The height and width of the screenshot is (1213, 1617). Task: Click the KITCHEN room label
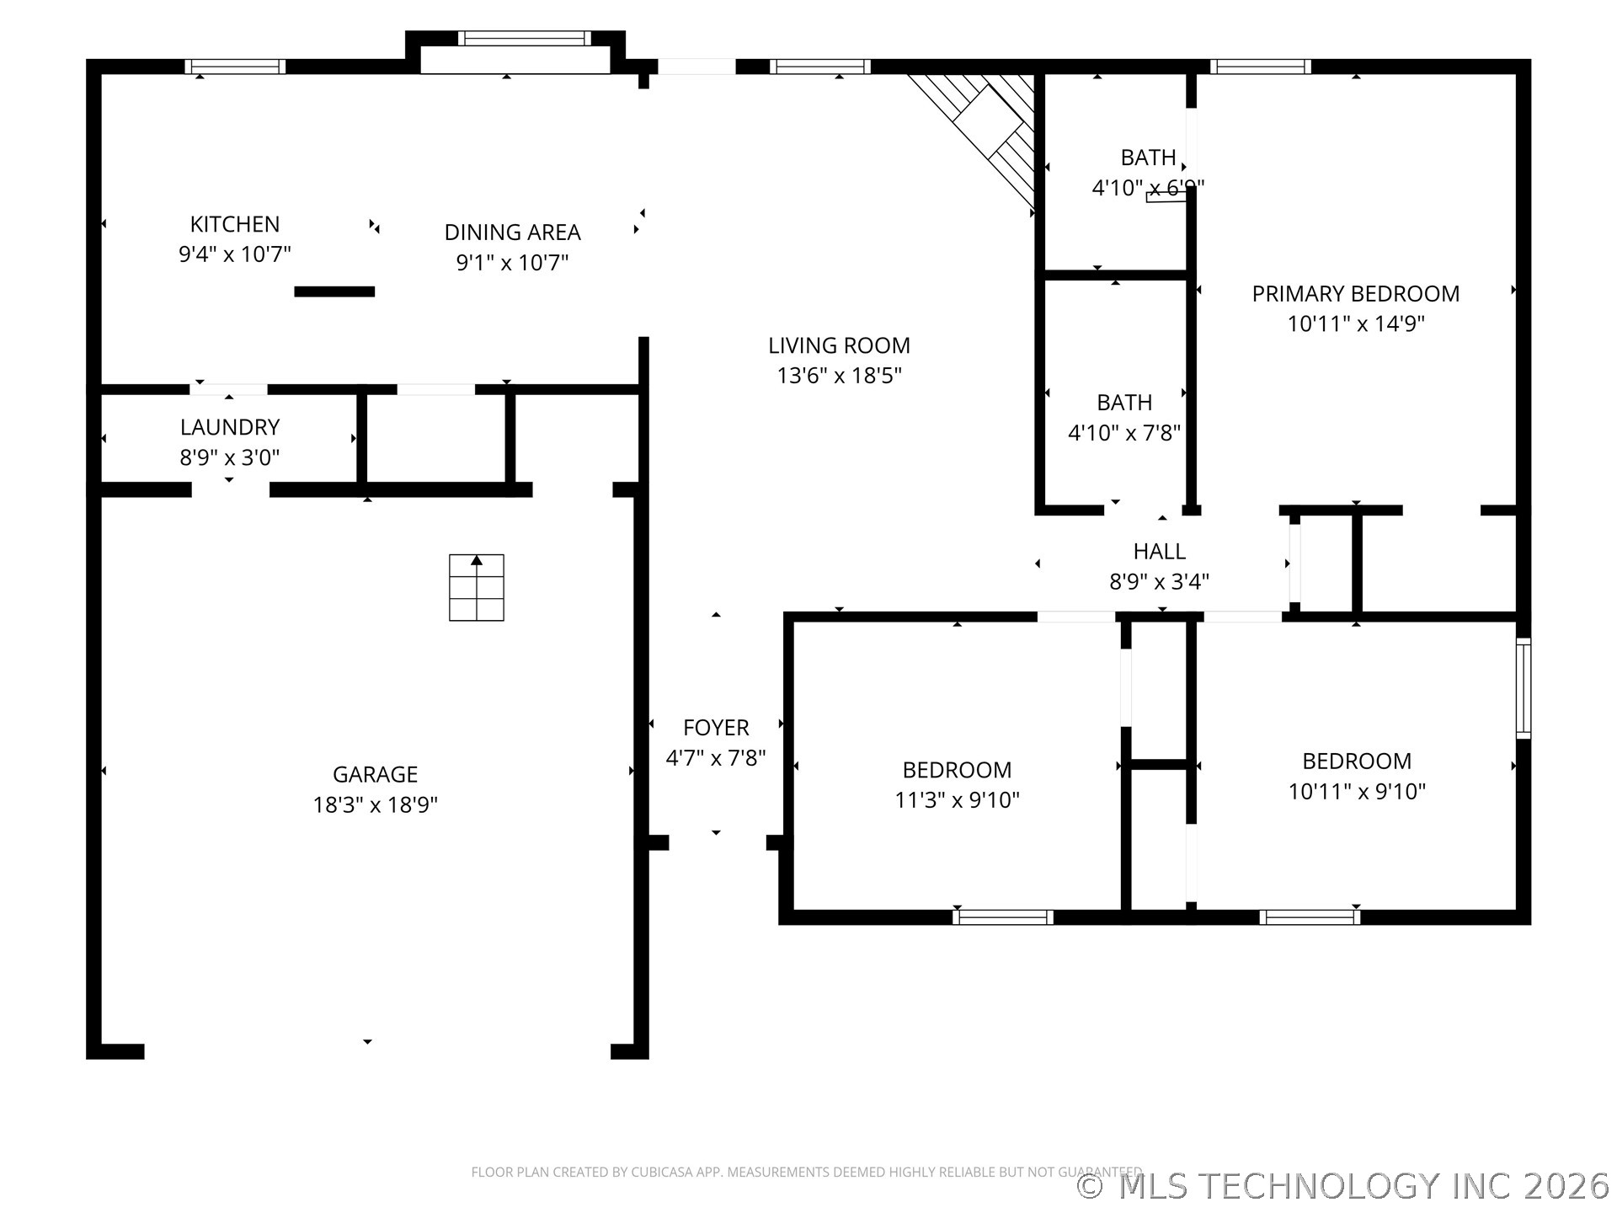(x=234, y=224)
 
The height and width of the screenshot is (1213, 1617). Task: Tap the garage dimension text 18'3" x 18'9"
(x=375, y=804)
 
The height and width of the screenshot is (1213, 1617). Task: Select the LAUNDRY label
(x=229, y=427)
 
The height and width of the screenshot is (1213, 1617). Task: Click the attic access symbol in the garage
(x=476, y=587)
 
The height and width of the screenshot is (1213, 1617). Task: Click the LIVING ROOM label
(x=839, y=345)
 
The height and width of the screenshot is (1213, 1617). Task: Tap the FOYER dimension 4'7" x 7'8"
(x=716, y=758)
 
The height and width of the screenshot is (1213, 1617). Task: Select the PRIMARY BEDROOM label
(x=1355, y=294)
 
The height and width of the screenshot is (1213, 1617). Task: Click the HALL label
(x=1159, y=552)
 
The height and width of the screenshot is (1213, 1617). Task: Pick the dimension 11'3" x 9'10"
(x=957, y=799)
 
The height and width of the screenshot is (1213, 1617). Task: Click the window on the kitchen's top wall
(x=235, y=67)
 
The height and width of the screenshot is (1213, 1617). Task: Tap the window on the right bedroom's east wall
(x=1523, y=688)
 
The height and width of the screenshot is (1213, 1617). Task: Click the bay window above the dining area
(x=524, y=39)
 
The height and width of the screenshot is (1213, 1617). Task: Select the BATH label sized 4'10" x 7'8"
(x=1124, y=403)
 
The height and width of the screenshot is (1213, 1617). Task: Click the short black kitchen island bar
(x=334, y=291)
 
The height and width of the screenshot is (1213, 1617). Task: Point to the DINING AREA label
(x=512, y=232)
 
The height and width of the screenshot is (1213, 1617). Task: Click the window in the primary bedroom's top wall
(x=1260, y=67)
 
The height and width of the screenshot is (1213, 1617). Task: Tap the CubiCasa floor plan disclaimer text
(x=806, y=1172)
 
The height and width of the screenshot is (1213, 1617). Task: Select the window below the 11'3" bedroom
(x=1002, y=917)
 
